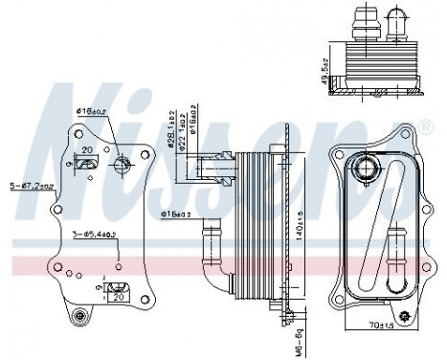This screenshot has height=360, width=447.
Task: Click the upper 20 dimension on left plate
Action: point(86,150)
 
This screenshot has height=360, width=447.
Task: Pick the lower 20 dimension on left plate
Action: point(120,297)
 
